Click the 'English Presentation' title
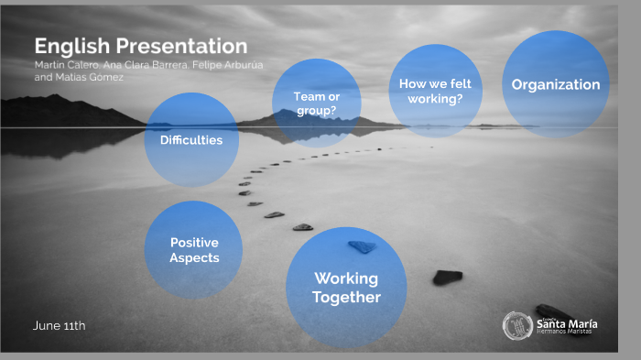(140, 46)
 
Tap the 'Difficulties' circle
(191, 140)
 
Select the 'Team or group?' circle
(317, 102)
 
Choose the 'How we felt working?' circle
(435, 90)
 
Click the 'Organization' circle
(555, 84)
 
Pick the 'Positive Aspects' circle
(194, 250)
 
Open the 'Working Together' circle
(346, 288)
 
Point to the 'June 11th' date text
(60, 325)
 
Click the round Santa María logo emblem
(516, 325)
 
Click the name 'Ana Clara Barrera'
(135, 65)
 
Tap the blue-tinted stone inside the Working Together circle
(362, 246)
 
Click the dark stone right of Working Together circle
(447, 277)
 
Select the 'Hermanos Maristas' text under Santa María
(564, 332)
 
